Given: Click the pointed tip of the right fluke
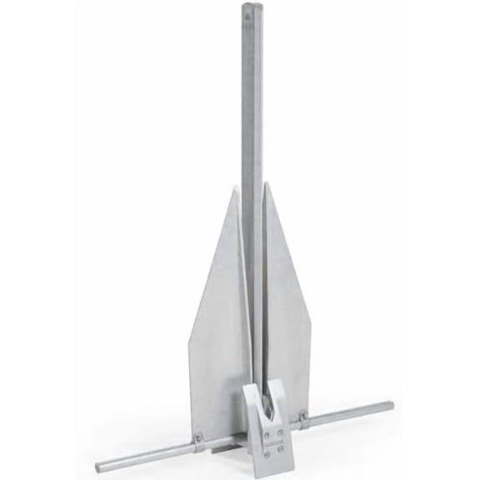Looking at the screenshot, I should click(265, 183).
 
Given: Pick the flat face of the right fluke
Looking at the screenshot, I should click(287, 308).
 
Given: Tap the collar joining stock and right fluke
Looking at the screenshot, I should click(303, 414).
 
